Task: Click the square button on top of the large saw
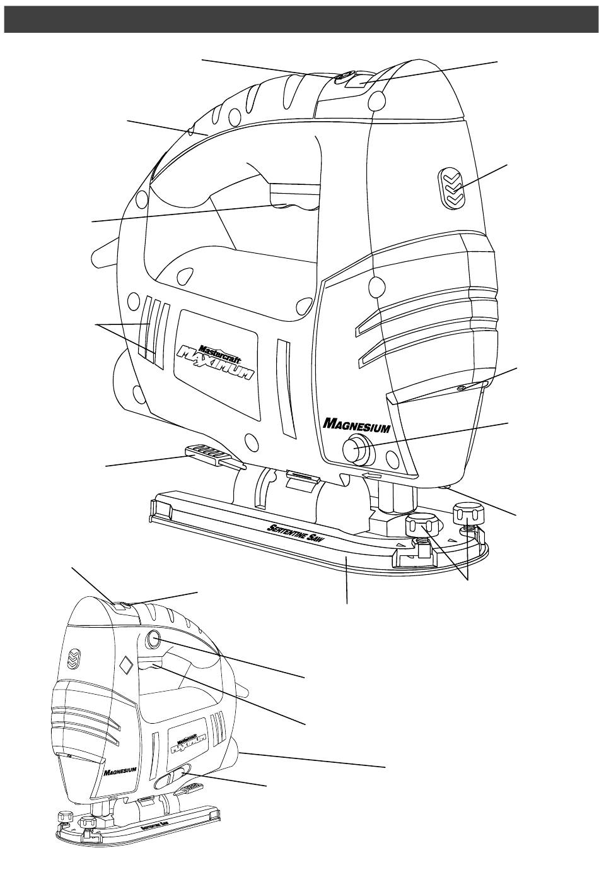[364, 79]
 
